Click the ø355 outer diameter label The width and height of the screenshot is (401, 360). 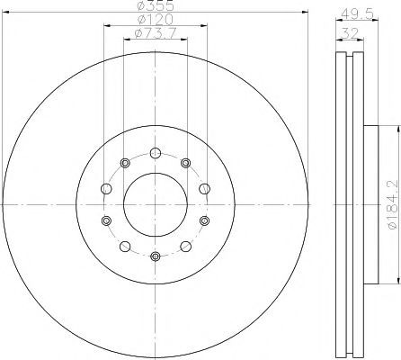pyautogui.click(x=156, y=5)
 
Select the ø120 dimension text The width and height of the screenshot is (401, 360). pyautogui.click(x=156, y=20)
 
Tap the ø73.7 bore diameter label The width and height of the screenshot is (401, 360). pyautogui.click(x=156, y=33)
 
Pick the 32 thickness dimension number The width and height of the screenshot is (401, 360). pyautogui.click(x=350, y=33)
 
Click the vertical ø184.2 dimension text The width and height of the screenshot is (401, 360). pyautogui.click(x=394, y=204)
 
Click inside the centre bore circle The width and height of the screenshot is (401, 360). pyautogui.click(x=156, y=204)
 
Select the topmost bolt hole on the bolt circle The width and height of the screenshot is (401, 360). pyautogui.click(x=156, y=153)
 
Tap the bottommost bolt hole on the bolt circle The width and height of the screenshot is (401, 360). pyautogui.click(x=156, y=256)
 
